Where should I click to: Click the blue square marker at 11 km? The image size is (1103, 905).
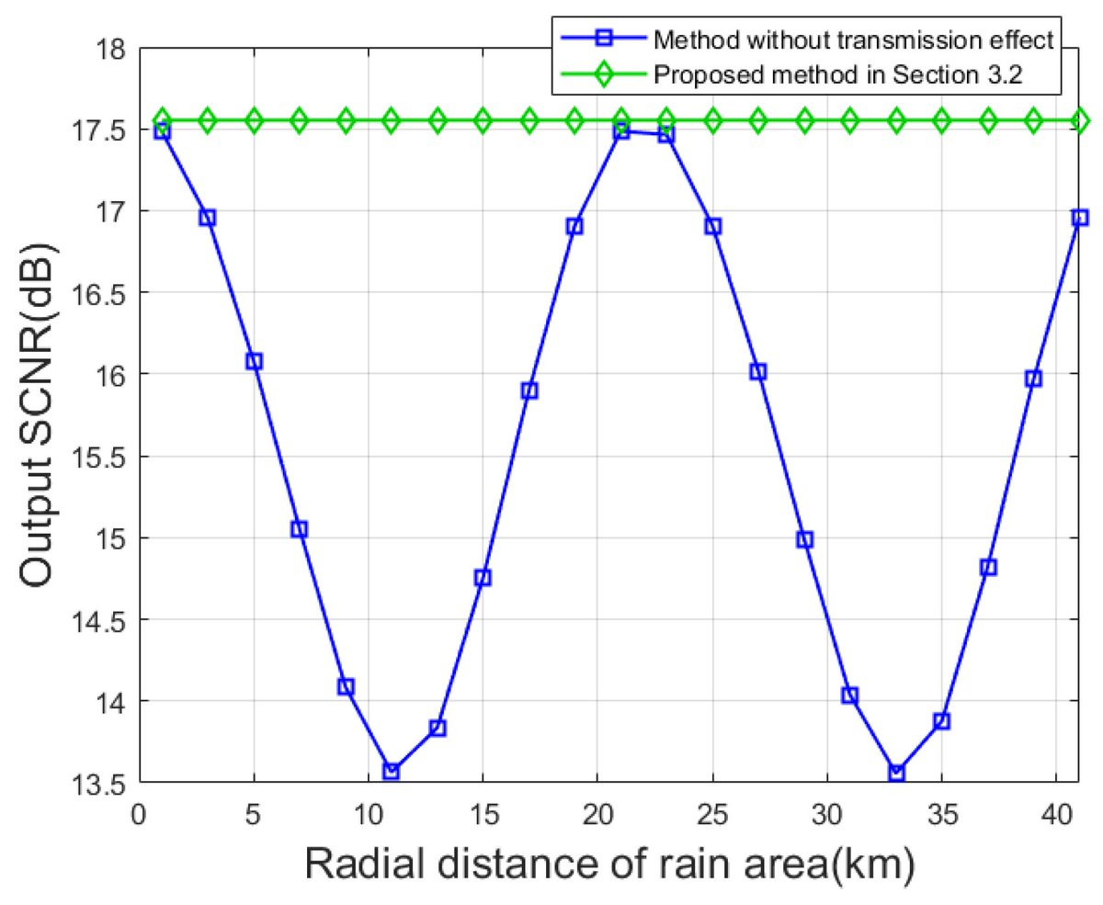pos(391,771)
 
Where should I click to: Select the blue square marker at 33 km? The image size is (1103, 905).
pos(896,773)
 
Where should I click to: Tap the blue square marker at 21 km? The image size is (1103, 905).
pos(620,131)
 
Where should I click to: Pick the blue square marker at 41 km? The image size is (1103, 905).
pos(1080,218)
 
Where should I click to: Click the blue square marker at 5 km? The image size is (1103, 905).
pos(254,361)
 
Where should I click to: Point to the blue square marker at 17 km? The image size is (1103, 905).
pos(529,390)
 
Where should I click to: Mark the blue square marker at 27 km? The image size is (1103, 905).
pos(758,371)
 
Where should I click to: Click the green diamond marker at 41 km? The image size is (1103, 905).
pos(1080,120)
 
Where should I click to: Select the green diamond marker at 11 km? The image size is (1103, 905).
pos(391,120)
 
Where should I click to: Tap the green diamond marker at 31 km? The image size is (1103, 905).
pos(850,120)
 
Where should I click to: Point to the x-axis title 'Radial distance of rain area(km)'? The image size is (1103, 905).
pos(608,863)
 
